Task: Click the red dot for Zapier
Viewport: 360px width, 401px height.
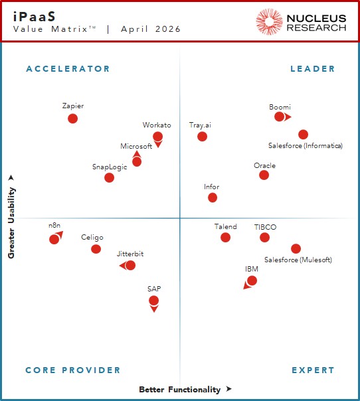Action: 72,118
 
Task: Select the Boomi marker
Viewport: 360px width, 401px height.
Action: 280,117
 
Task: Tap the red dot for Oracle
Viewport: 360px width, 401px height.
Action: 264,175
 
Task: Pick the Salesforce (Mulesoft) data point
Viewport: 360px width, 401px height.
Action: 296,249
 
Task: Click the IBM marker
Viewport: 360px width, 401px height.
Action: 252,281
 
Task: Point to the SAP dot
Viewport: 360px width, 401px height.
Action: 153,301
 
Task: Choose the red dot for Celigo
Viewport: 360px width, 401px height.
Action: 96,249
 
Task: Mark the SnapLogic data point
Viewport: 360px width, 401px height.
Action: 110,177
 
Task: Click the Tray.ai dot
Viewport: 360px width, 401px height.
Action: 202,137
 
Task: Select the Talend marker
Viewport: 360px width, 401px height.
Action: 225,237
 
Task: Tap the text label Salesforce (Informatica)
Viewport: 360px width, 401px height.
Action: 305,146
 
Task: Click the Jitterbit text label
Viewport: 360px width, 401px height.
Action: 130,254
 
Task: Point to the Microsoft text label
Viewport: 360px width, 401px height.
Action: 136,147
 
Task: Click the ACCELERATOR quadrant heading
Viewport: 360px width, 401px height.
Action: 68,69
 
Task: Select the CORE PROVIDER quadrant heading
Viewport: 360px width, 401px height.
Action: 73,370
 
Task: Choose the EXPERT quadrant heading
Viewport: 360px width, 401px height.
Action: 312,370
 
